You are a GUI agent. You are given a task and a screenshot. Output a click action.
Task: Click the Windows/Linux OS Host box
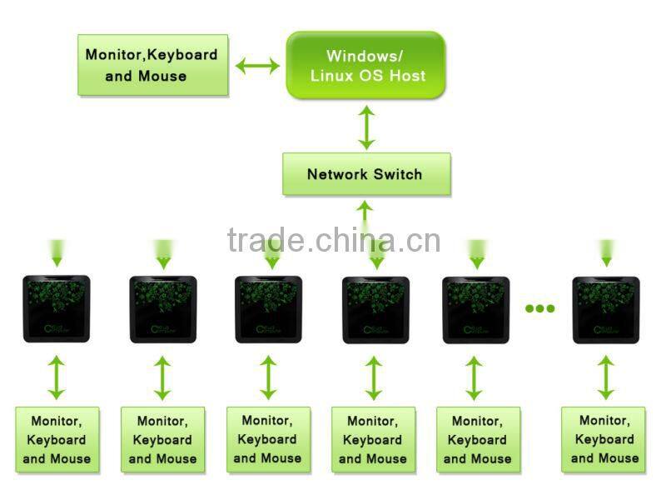point(365,65)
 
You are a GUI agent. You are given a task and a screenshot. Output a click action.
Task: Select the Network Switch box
point(365,174)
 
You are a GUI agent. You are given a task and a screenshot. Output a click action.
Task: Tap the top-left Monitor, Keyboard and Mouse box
point(152,65)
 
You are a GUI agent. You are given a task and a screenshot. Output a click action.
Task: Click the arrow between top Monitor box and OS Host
point(257,65)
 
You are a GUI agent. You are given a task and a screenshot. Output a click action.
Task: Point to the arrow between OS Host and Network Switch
point(366,127)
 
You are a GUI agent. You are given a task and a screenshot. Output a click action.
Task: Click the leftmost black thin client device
point(56,309)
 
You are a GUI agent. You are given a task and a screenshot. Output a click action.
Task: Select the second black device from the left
point(162,309)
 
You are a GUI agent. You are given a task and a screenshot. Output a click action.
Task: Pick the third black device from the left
point(268,309)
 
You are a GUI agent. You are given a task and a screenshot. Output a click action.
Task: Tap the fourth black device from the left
point(375,309)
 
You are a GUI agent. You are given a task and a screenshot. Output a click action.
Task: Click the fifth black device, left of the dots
point(474,309)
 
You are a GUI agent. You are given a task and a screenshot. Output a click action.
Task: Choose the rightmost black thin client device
point(606,309)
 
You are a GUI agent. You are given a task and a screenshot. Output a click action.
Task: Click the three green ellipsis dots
point(539,308)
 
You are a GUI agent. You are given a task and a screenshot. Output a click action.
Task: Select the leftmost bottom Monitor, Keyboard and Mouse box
point(57,440)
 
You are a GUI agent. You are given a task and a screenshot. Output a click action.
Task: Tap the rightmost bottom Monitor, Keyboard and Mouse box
point(605,440)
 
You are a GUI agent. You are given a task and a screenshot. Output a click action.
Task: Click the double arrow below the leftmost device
point(56,377)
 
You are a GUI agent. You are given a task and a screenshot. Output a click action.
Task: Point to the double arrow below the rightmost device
point(606,377)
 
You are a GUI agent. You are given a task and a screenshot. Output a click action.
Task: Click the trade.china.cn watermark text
point(333,240)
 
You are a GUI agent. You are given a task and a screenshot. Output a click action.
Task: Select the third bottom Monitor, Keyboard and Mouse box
point(268,440)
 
